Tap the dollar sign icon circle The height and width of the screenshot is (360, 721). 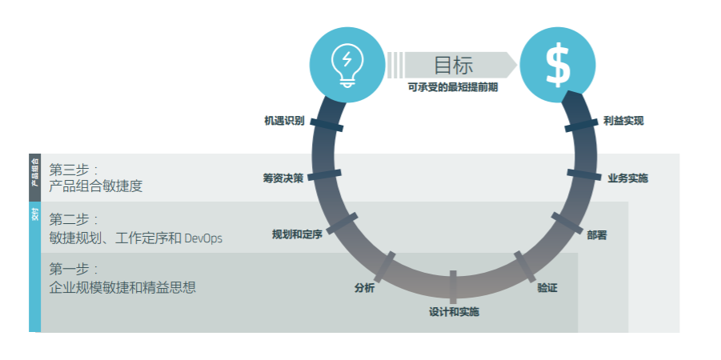click(x=557, y=64)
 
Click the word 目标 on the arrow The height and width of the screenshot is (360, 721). click(x=453, y=65)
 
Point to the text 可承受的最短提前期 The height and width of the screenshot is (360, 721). click(x=453, y=88)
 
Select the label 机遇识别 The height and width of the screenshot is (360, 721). click(x=284, y=121)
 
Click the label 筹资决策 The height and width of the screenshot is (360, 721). click(x=282, y=178)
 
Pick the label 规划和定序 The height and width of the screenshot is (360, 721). click(x=297, y=234)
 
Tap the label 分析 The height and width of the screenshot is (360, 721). click(x=364, y=288)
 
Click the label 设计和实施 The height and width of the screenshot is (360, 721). click(x=454, y=311)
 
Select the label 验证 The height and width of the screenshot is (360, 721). click(x=547, y=287)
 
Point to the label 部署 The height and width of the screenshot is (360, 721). click(x=597, y=235)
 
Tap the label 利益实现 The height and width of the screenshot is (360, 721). click(x=623, y=121)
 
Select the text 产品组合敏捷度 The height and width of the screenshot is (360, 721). click(x=96, y=186)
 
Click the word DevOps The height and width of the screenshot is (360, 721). click(x=203, y=238)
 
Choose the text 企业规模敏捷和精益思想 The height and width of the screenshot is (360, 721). click(x=122, y=287)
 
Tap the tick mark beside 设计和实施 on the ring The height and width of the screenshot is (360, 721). click(x=453, y=286)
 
